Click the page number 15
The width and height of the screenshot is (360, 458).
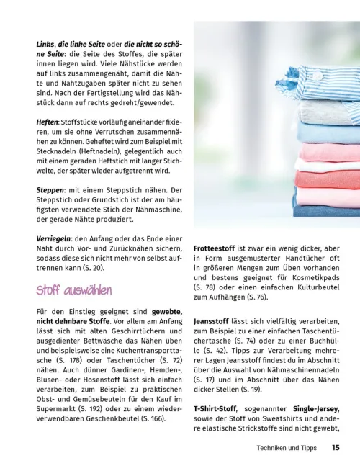(335, 447)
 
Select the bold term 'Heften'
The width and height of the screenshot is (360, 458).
(48, 123)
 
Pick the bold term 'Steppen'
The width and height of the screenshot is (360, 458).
(50, 189)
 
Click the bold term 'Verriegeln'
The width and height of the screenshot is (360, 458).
(55, 238)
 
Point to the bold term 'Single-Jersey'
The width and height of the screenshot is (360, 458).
(310, 408)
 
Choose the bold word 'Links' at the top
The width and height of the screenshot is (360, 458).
(45, 44)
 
